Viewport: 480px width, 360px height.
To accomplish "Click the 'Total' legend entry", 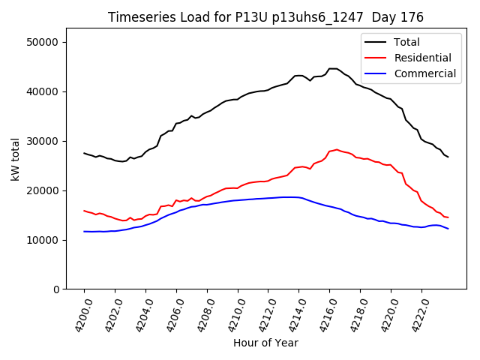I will click(406, 42).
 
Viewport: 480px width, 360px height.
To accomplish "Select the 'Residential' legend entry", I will click(422, 58).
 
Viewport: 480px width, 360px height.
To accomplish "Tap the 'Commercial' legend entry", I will click(424, 73).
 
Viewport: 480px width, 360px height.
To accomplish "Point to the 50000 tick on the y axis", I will click(43, 42).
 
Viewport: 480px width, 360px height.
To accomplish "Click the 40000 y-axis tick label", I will click(43, 91).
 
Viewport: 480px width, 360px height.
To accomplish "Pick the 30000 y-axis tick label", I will click(43, 141).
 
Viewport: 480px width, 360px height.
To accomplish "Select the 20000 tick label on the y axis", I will click(43, 190).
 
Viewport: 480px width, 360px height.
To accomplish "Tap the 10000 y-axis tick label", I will click(43, 240).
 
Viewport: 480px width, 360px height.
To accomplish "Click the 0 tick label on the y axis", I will click(56, 289).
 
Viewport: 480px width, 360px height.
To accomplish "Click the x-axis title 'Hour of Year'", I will click(265, 343).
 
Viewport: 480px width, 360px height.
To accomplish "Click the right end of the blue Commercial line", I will click(448, 229).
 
